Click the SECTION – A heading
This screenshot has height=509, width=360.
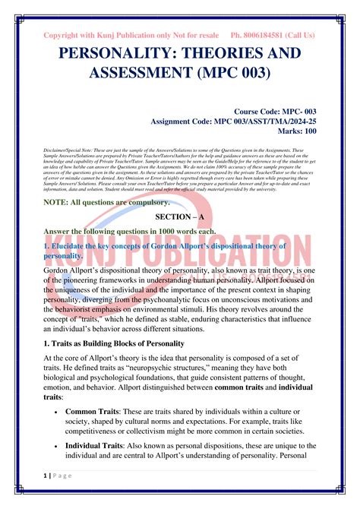(x=180, y=216)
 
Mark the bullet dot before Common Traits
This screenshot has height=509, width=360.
(x=58, y=410)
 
